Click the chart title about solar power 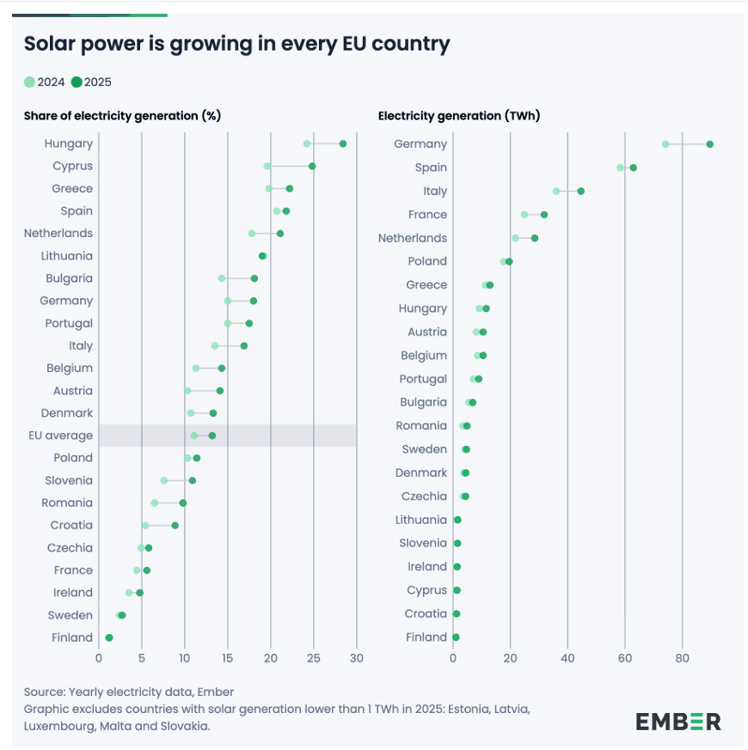click(x=236, y=44)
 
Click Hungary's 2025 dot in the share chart click(x=343, y=143)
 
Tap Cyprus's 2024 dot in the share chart click(x=267, y=166)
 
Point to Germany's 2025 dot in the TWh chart click(x=710, y=144)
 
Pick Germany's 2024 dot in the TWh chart click(x=665, y=144)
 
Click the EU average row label click(x=61, y=436)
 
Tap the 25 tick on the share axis click(x=314, y=659)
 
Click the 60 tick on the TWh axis click(x=625, y=659)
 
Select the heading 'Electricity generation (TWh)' click(x=459, y=116)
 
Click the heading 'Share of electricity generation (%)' click(x=123, y=116)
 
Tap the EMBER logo click(x=678, y=722)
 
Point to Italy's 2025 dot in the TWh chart click(x=580, y=191)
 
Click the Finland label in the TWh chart click(x=426, y=637)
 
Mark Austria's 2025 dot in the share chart click(x=220, y=391)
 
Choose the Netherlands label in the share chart click(x=59, y=233)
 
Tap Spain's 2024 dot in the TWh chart click(x=620, y=168)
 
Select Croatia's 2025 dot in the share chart click(x=175, y=525)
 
